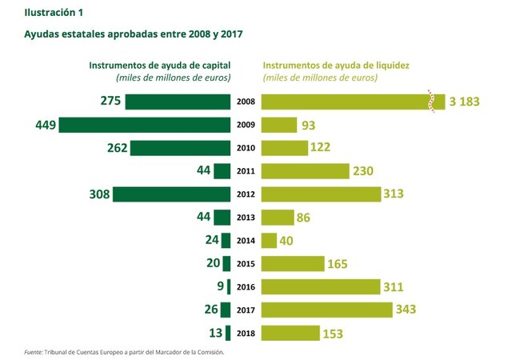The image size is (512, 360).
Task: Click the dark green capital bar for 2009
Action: tap(144, 125)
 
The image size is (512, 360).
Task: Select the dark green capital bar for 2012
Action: tap(171, 194)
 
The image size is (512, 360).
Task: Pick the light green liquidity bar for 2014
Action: tap(270, 240)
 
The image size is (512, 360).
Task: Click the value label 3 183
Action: tap(465, 102)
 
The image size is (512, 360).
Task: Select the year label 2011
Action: tap(246, 171)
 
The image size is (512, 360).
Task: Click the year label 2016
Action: tap(246, 286)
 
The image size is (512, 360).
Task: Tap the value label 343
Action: tap(407, 310)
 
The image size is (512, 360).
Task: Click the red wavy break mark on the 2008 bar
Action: tap(433, 102)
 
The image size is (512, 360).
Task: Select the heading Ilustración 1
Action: tap(54, 13)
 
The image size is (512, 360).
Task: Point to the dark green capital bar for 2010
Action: tap(180, 148)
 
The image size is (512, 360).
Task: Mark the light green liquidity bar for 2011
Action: tap(306, 171)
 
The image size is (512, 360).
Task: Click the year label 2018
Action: tap(246, 333)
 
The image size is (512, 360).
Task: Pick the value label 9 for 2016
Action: tap(219, 286)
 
